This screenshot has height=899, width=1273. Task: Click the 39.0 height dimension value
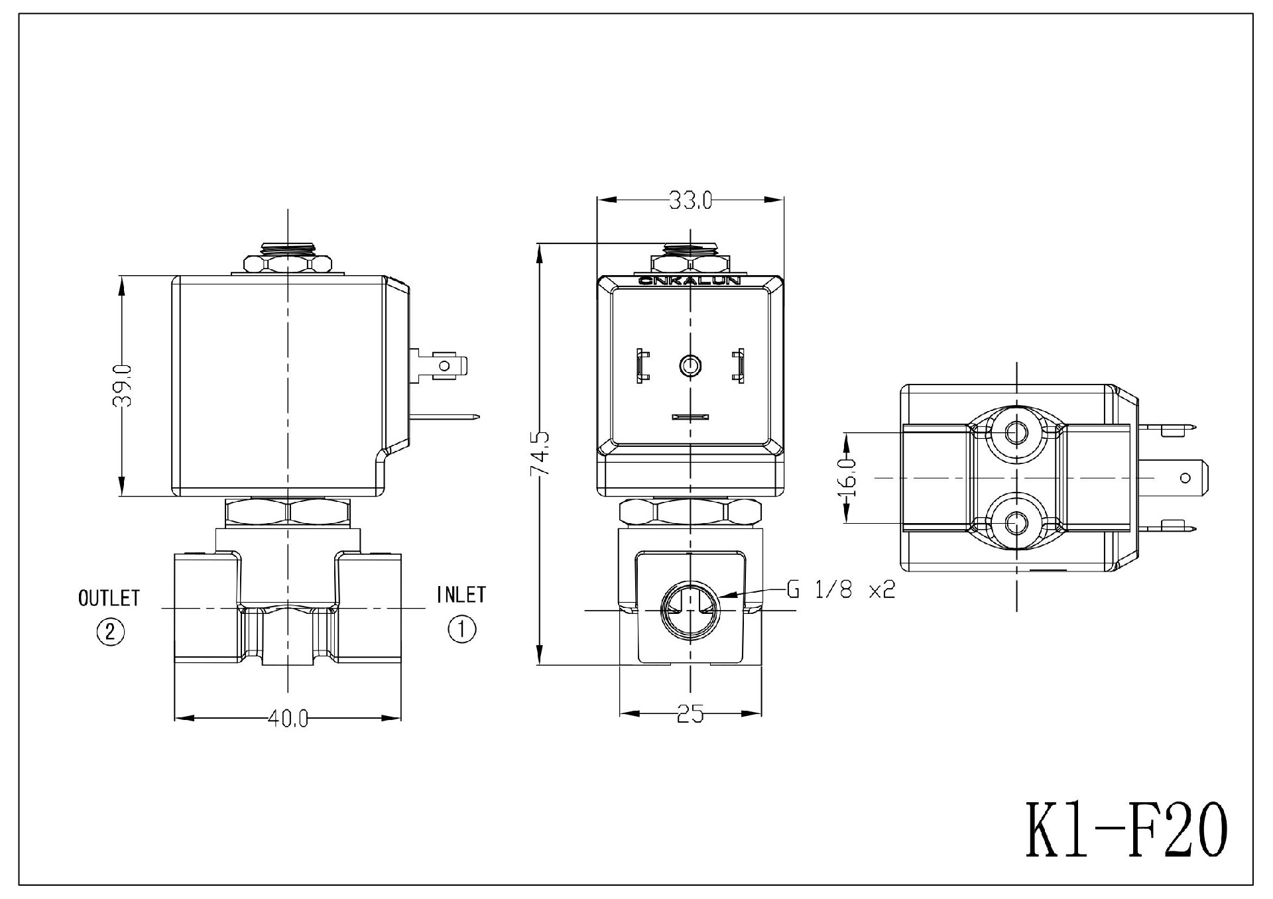pos(123,385)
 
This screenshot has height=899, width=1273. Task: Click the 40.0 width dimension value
pos(288,719)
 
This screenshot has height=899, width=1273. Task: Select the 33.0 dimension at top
pos(690,200)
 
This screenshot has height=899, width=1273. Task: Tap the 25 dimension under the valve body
pos(690,714)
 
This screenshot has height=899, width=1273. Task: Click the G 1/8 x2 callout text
pos(841,589)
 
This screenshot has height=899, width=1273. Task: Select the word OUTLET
pos(109,598)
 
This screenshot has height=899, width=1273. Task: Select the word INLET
pos(461,595)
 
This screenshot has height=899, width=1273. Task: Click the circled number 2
pos(111,631)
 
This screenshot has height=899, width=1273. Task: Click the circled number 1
pos(462,629)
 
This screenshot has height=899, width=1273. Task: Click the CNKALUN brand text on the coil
pos(690,281)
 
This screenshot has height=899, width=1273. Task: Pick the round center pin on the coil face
pos(690,365)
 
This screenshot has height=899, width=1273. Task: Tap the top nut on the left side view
pos(288,263)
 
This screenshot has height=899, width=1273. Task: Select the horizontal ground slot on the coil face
pos(690,417)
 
